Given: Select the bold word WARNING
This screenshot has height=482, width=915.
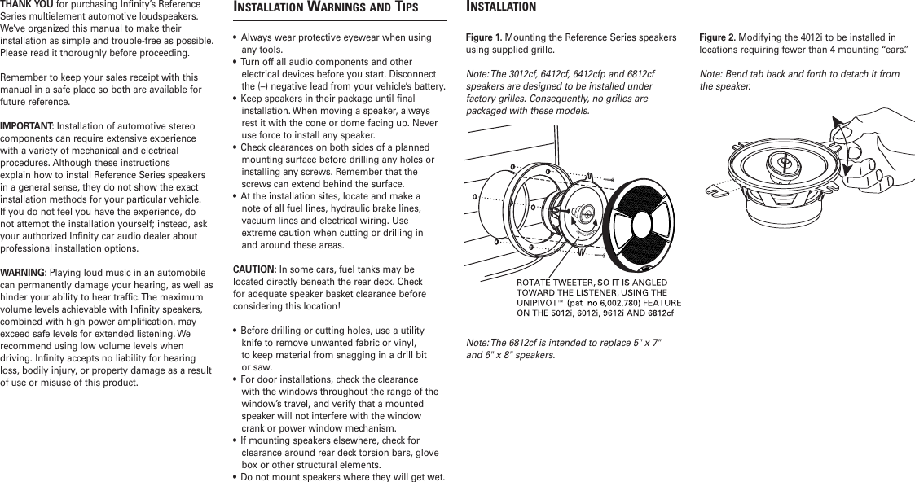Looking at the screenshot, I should pos(24,271).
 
